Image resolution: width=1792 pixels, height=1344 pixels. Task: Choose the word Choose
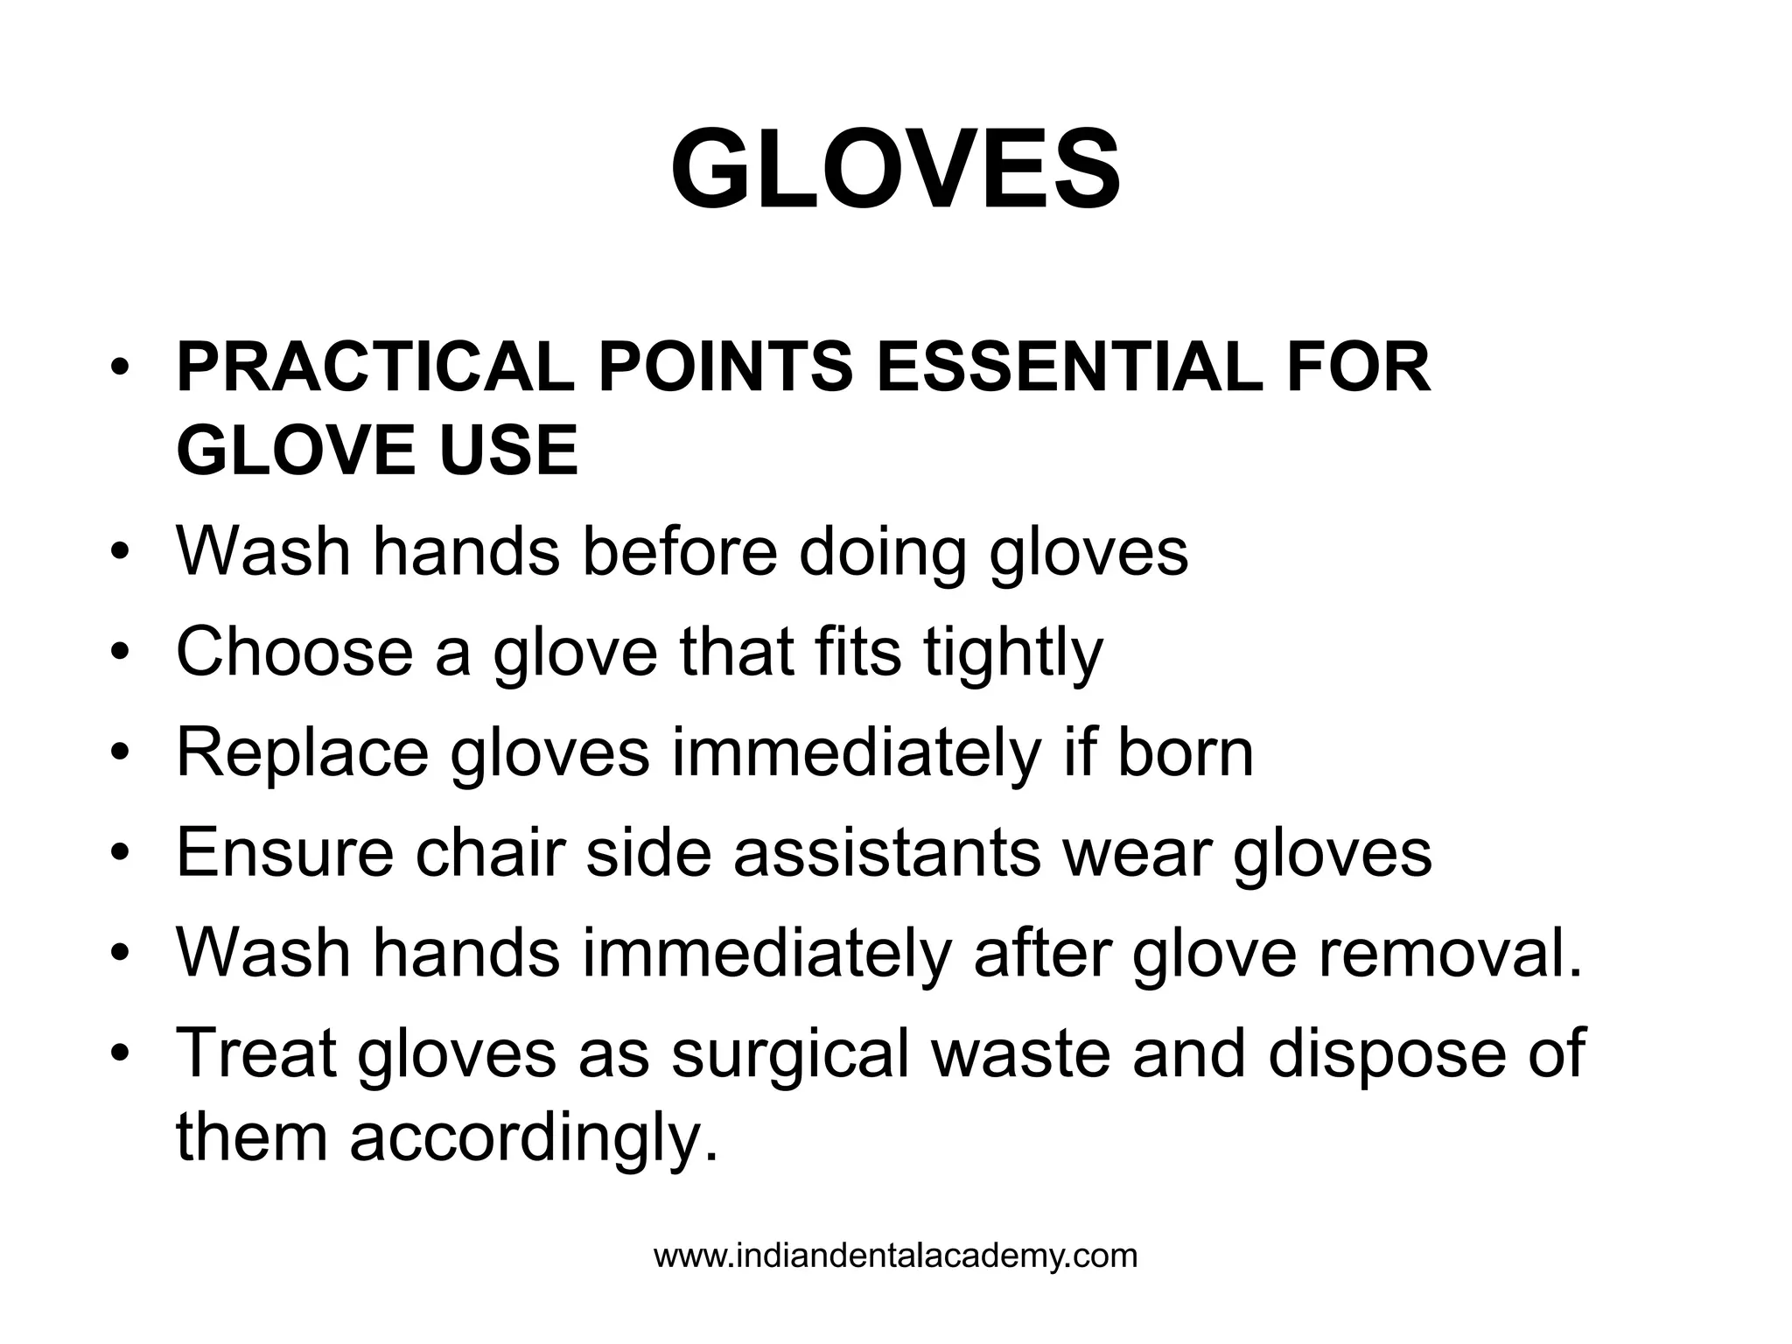294,651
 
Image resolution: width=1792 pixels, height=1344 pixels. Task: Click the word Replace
302,752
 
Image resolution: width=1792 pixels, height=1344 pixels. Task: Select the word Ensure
284,852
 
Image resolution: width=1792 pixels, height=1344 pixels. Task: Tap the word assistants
886,852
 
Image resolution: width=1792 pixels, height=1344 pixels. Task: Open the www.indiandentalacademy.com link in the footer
895,1256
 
